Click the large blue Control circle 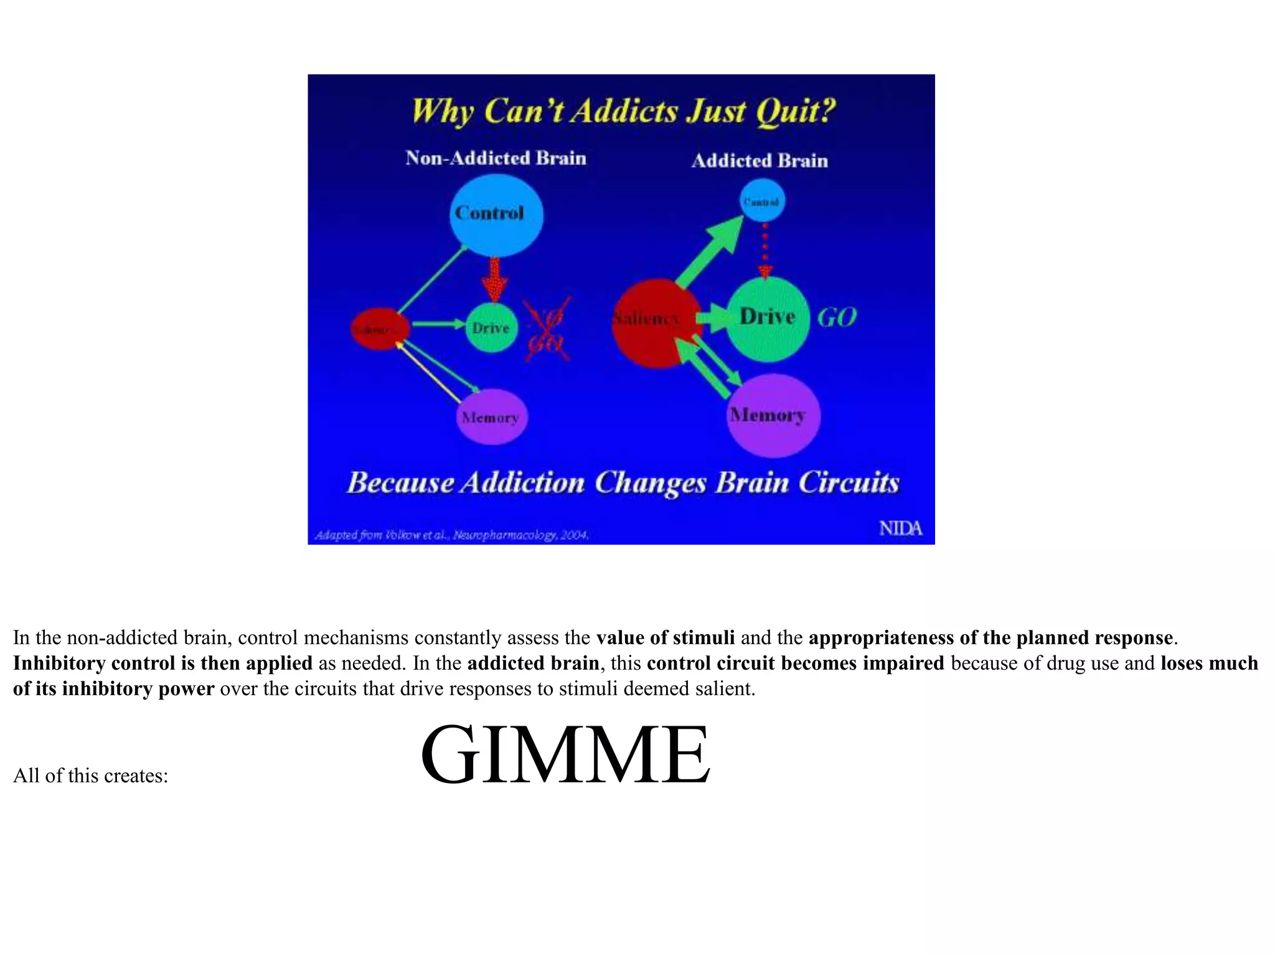[x=496, y=215]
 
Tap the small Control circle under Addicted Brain [x=762, y=201]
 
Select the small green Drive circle [x=491, y=327]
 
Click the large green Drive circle [x=767, y=318]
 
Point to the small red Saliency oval [x=379, y=329]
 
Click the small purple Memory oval [x=491, y=417]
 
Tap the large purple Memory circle [x=773, y=416]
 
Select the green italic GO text [x=836, y=318]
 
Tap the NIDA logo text [x=900, y=528]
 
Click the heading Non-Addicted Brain [x=496, y=158]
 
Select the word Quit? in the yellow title [x=795, y=112]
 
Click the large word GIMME [x=565, y=755]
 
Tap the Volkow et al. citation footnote [x=451, y=535]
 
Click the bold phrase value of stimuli [x=665, y=638]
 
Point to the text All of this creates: [x=91, y=776]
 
